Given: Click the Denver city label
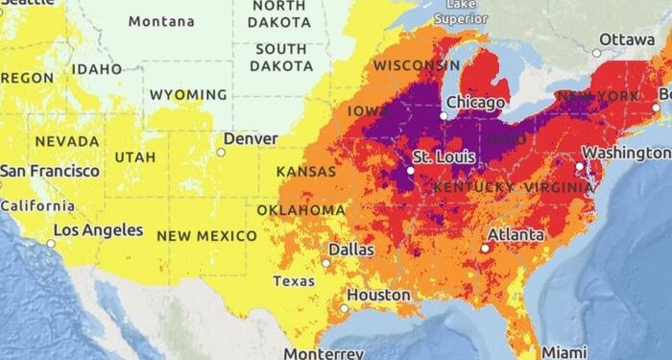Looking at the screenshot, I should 251,139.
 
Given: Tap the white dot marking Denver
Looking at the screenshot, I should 221,152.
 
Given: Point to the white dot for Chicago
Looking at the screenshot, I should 444,116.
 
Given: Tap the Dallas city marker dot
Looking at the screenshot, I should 326,262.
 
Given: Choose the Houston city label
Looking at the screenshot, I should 378,295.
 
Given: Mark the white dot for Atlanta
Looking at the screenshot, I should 486,248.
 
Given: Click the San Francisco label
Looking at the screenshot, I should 49,171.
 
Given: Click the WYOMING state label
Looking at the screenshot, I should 187,95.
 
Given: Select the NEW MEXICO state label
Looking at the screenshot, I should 206,235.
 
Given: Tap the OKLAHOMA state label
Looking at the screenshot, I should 300,210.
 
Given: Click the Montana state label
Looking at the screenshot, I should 160,21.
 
